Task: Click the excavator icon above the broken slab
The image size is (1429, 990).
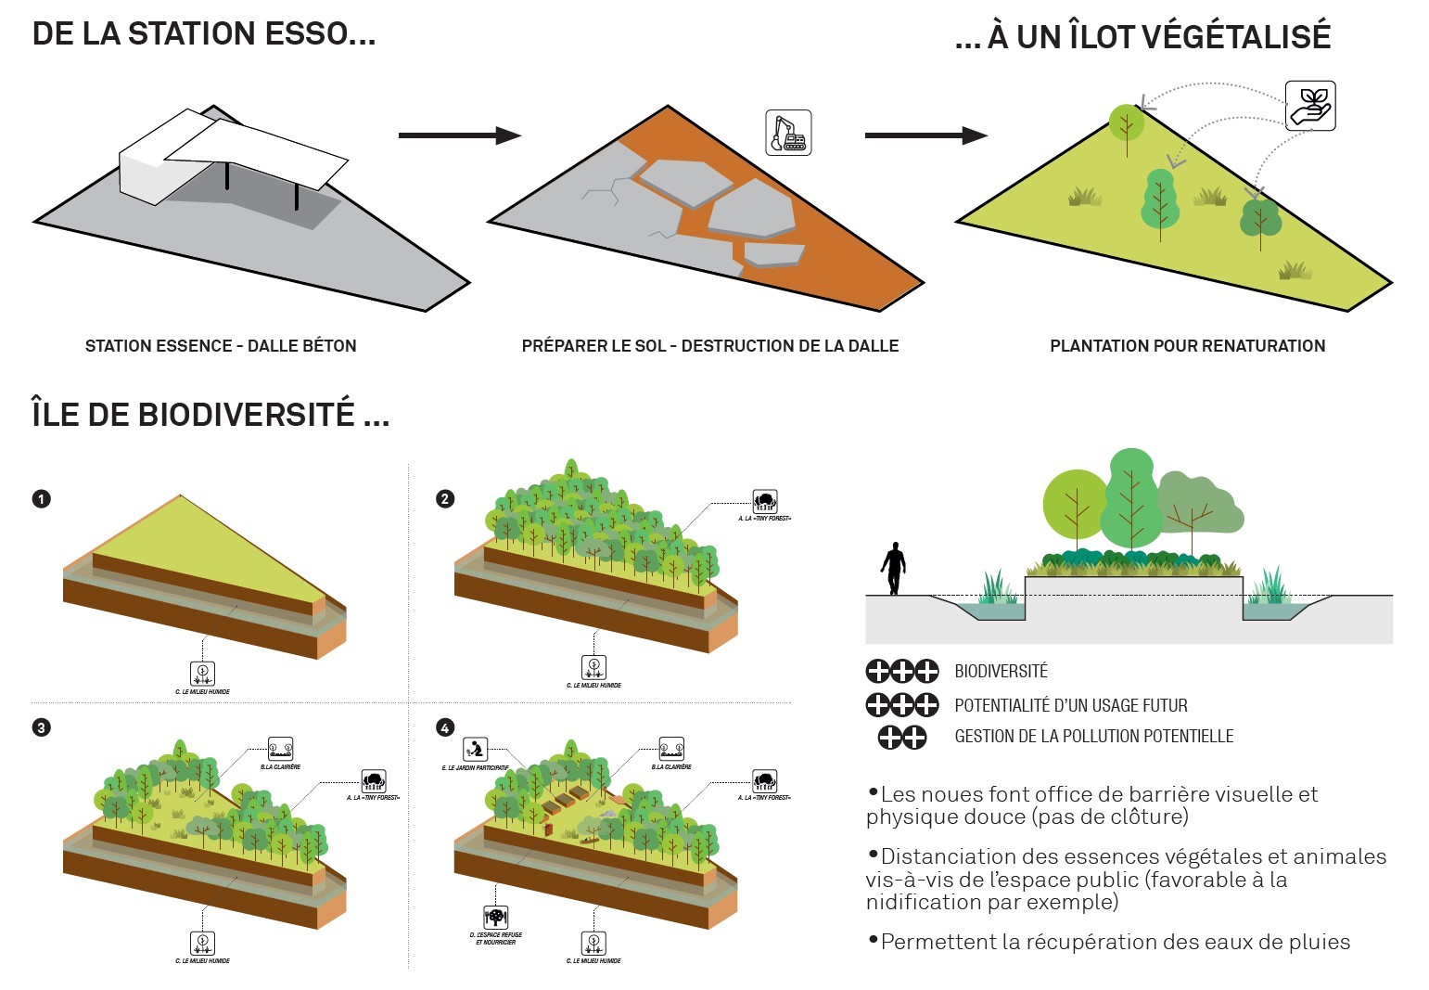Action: [788, 133]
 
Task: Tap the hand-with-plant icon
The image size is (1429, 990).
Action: [1310, 106]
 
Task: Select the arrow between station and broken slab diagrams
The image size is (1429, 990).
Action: [460, 135]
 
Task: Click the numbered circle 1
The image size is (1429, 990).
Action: [41, 499]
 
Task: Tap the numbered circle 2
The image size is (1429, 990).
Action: [445, 499]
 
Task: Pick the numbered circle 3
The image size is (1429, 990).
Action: [41, 727]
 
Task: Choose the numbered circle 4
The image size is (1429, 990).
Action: [445, 727]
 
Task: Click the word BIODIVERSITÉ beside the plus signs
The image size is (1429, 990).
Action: [1001, 671]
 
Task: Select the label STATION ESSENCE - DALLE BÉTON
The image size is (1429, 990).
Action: [221, 346]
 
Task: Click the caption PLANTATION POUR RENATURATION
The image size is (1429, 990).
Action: [1187, 346]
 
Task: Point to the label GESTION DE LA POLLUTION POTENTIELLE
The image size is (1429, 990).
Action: [1094, 737]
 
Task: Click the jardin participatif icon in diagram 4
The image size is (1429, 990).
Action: [476, 748]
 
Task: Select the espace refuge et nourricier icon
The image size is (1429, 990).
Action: [496, 918]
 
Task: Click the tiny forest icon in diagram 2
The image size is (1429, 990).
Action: [765, 502]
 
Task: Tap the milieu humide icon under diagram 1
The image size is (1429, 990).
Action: [202, 673]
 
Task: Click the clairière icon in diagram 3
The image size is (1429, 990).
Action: [280, 749]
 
